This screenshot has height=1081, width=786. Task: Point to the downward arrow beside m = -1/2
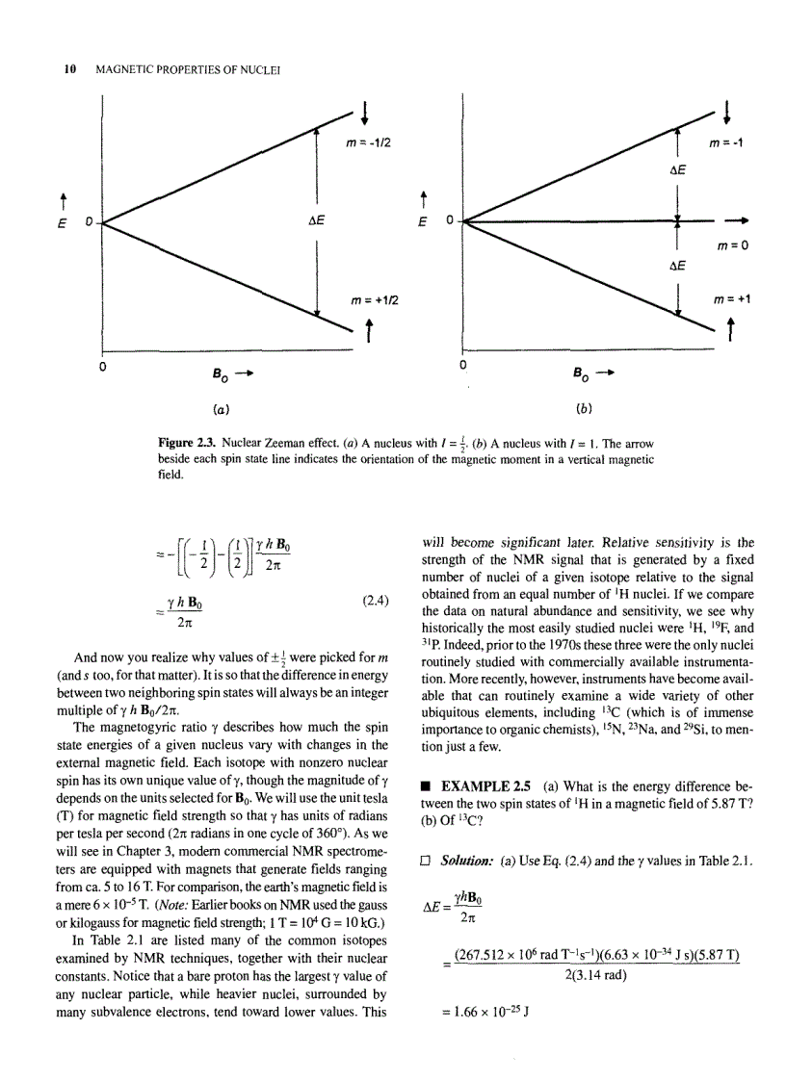pyautogui.click(x=366, y=111)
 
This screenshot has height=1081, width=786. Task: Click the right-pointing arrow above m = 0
pyautogui.click(x=747, y=220)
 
